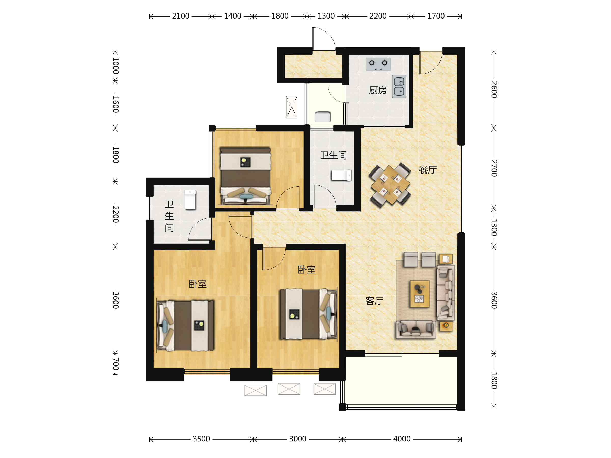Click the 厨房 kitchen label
pyautogui.click(x=378, y=90)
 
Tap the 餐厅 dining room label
pyautogui.click(x=428, y=169)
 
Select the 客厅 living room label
pyautogui.click(x=374, y=301)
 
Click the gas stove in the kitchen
pyautogui.click(x=378, y=64)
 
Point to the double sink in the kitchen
pyautogui.click(x=399, y=87)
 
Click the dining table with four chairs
pyautogui.click(x=390, y=185)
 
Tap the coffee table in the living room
pyautogui.click(x=420, y=294)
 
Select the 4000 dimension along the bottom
pyautogui.click(x=402, y=439)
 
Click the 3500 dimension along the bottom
pyautogui.click(x=201, y=439)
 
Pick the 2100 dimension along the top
pyautogui.click(x=181, y=16)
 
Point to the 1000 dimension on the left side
pyautogui.click(x=116, y=66)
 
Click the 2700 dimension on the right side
pyautogui.click(x=494, y=168)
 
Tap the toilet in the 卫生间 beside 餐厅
pyautogui.click(x=341, y=175)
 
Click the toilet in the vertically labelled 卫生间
pyautogui.click(x=190, y=199)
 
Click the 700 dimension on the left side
pyautogui.click(x=116, y=364)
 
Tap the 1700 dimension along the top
pyautogui.click(x=436, y=16)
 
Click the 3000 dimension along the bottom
pyautogui.click(x=298, y=439)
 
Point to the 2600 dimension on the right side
pyautogui.click(x=494, y=90)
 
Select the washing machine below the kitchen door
pyautogui.click(x=323, y=117)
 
